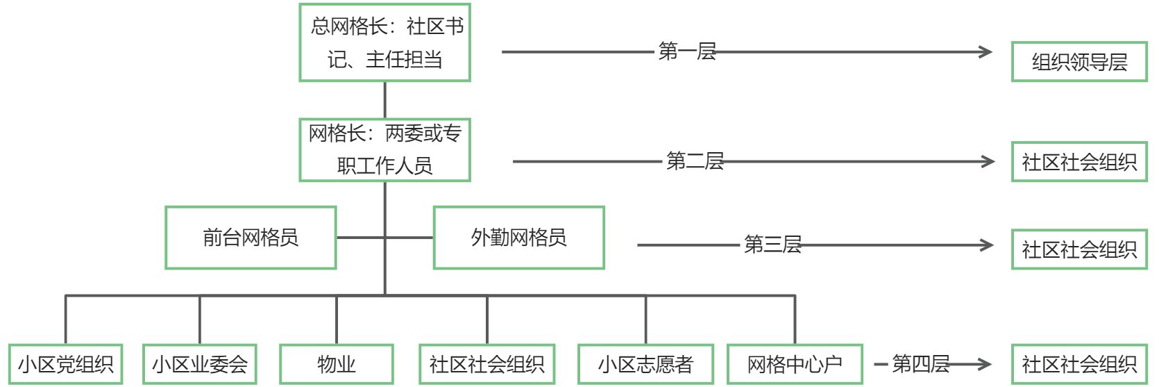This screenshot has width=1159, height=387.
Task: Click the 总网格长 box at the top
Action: click(x=384, y=42)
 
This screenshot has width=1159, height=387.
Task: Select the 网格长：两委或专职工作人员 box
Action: click(x=384, y=149)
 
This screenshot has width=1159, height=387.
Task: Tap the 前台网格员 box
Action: click(x=251, y=238)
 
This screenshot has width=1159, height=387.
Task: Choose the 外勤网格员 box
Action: click(x=518, y=238)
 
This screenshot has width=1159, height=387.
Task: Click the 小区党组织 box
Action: click(x=65, y=364)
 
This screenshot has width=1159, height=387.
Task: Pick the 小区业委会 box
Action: click(x=199, y=364)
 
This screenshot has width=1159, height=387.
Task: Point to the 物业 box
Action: click(x=336, y=364)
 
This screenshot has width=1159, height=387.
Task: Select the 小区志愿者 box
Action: click(x=645, y=364)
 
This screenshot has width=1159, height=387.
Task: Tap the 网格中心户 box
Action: click(x=795, y=364)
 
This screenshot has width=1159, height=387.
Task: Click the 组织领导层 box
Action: click(x=1078, y=62)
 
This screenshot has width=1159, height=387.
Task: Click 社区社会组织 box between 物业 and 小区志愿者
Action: click(x=487, y=364)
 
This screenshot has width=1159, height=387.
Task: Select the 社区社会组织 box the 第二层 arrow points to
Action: click(x=1078, y=162)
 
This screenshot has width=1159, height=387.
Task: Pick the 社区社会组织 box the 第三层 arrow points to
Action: click(x=1078, y=249)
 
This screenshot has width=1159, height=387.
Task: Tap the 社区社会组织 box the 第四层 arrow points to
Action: click(x=1078, y=364)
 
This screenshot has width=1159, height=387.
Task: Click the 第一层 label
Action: click(x=686, y=51)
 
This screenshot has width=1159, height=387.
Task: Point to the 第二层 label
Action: click(x=695, y=161)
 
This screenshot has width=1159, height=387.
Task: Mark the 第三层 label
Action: click(x=772, y=245)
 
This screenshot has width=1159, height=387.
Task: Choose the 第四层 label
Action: click(x=920, y=363)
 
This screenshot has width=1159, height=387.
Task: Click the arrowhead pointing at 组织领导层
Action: click(x=985, y=51)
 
